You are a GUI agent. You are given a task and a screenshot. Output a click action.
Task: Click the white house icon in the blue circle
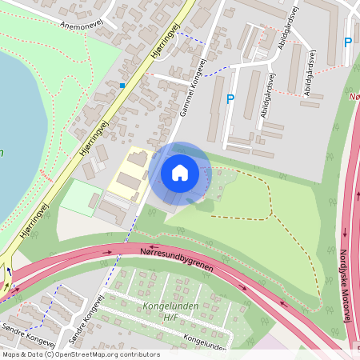pyautogui.click(x=179, y=173)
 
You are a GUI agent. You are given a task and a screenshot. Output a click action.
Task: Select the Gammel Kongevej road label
pyautogui.click(x=190, y=90)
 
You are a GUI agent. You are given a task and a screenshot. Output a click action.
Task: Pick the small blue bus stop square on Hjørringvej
pyautogui.click(x=122, y=85)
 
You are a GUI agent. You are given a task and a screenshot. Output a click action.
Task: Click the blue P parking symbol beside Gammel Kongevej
pyautogui.click(x=230, y=99)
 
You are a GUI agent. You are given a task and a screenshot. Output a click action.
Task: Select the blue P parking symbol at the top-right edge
pyautogui.click(x=347, y=42)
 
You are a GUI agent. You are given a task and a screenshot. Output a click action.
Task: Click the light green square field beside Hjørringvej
pyautogui.click(x=81, y=198)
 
